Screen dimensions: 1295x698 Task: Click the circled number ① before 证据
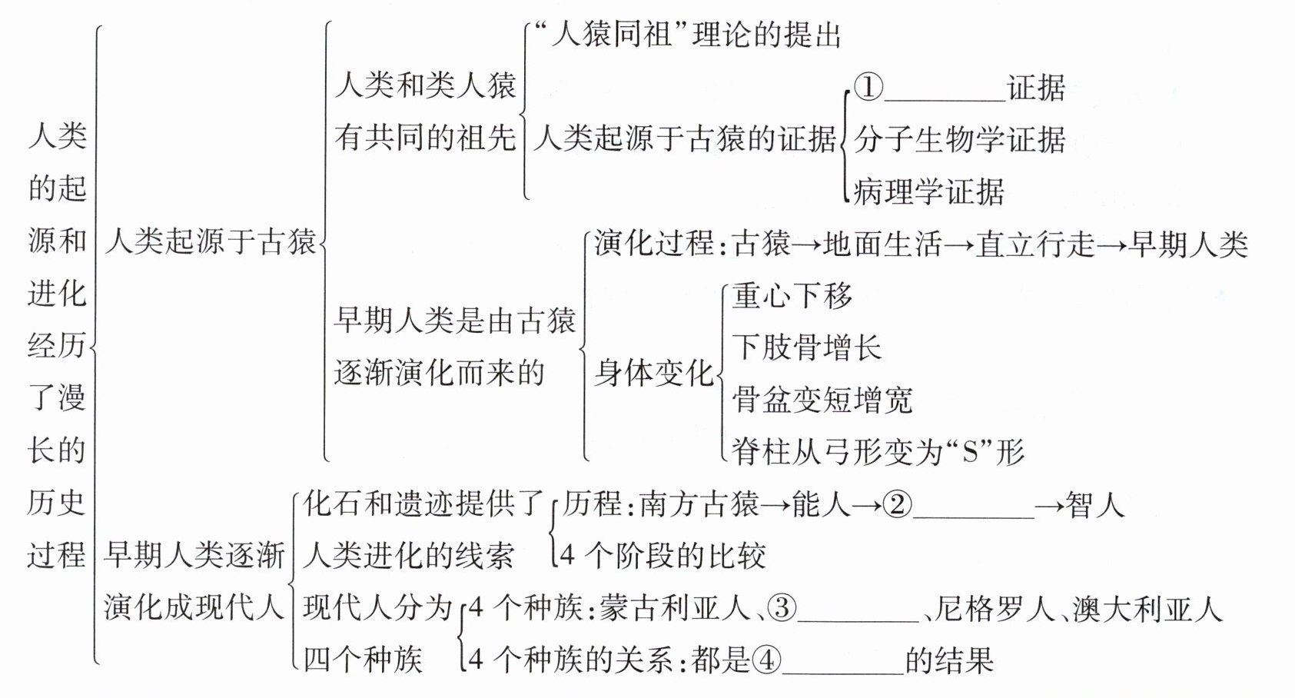(x=868, y=87)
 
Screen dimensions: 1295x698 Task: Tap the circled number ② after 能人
(x=897, y=504)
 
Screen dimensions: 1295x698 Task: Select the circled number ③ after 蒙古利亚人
(x=782, y=608)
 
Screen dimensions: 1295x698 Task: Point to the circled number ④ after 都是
(x=766, y=660)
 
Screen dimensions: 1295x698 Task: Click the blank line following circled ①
(x=945, y=98)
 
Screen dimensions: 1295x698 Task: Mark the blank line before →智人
(x=973, y=516)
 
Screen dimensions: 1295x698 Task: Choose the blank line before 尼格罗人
(x=858, y=620)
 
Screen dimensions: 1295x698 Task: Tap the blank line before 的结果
(x=842, y=672)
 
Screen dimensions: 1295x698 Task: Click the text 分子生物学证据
(x=959, y=139)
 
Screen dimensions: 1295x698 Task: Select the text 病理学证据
(x=928, y=191)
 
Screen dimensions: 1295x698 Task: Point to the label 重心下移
(x=792, y=295)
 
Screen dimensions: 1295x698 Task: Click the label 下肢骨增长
(x=806, y=347)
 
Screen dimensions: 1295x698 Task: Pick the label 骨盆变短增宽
(x=822, y=400)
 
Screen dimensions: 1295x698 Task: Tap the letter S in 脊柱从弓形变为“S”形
(x=971, y=452)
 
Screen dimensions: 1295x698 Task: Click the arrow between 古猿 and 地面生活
(x=806, y=244)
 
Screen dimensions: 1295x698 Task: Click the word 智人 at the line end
(x=1095, y=504)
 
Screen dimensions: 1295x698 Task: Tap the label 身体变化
(x=654, y=374)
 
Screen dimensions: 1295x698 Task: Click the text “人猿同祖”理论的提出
(x=687, y=35)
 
